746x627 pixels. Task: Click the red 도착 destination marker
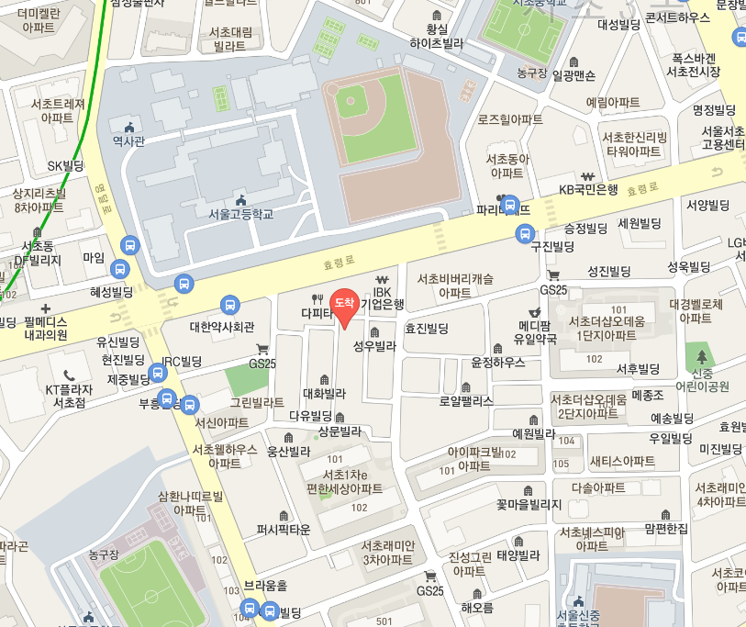(x=344, y=306)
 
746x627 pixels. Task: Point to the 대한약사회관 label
(x=221, y=326)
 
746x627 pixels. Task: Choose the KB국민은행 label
(x=589, y=190)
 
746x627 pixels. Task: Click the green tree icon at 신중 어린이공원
(x=703, y=356)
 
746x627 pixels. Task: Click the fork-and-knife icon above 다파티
(x=317, y=298)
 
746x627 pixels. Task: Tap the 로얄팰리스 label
(x=466, y=401)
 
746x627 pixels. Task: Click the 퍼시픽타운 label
(x=284, y=530)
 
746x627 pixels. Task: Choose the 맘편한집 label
(x=666, y=528)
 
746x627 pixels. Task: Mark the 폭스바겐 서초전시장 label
(x=692, y=64)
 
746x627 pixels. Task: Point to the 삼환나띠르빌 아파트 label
(x=190, y=502)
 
